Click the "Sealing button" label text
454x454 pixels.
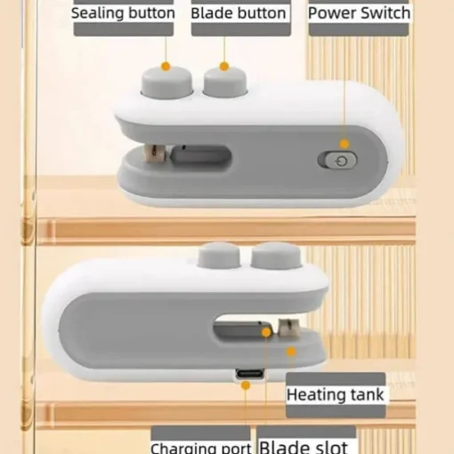point(123,13)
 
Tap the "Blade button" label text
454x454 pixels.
point(239,13)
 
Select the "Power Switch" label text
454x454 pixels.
point(359,13)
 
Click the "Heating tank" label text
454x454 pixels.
point(336,395)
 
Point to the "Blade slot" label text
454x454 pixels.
point(304,447)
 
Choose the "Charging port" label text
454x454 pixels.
point(201,448)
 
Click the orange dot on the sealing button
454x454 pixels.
point(166,66)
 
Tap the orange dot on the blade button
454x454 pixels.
point(224,66)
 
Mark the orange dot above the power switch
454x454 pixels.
point(345,144)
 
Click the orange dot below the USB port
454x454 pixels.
point(246,385)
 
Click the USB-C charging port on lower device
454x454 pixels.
point(249,373)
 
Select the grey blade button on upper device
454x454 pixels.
point(225,82)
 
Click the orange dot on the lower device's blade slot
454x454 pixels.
point(266,333)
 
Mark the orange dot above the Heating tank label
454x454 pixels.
point(291,352)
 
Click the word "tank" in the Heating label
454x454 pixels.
point(368,395)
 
